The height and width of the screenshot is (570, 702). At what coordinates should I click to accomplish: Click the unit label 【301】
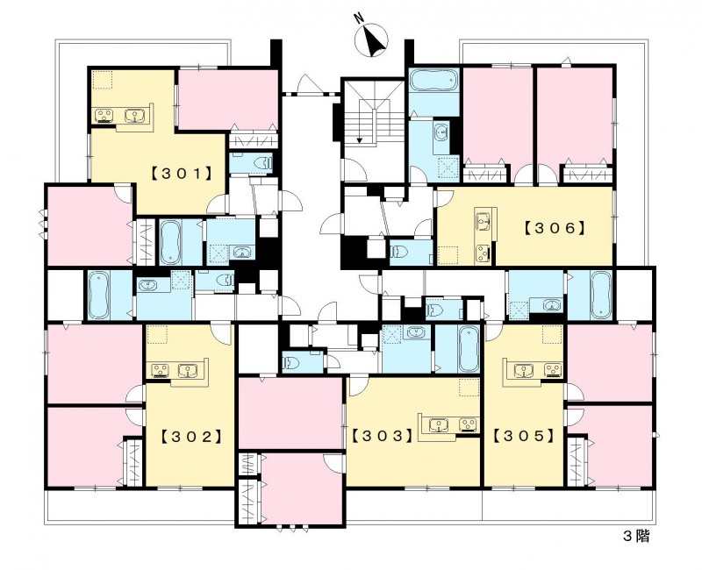[182, 173]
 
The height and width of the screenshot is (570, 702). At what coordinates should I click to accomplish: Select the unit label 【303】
[383, 435]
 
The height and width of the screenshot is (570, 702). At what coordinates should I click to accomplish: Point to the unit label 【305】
[524, 435]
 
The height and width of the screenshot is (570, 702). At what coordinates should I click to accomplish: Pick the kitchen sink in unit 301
[135, 116]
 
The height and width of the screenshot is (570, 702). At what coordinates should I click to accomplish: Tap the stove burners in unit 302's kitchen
[159, 371]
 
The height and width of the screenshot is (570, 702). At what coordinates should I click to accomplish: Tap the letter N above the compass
[358, 18]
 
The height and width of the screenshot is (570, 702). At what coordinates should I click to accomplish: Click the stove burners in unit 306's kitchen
[484, 252]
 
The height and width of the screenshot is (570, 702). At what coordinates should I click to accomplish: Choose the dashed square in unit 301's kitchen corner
[102, 80]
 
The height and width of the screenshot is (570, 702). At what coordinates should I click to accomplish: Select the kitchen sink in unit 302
[188, 371]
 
